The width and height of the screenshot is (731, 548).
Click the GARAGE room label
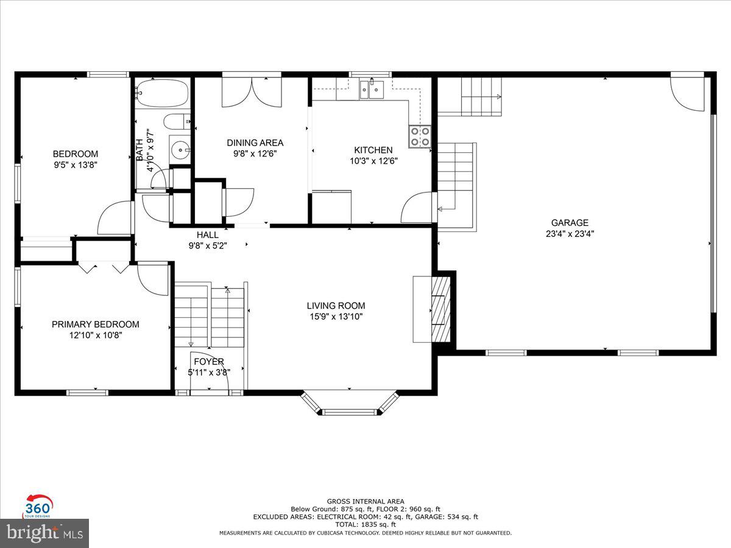[x=570, y=223]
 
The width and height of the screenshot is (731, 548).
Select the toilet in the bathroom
[x=177, y=122]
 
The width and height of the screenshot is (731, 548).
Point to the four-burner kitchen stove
[x=420, y=136]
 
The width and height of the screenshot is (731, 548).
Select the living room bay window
[x=350, y=404]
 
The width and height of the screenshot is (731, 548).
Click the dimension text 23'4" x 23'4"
[x=570, y=233]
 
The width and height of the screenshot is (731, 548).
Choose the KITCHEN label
[x=373, y=150]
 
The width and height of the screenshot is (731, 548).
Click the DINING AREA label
[x=255, y=143]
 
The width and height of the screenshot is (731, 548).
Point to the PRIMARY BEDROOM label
[x=95, y=325]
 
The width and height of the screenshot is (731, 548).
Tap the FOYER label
[x=208, y=362]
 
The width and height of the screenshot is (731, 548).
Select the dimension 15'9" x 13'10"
[x=336, y=316]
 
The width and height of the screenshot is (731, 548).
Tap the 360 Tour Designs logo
[x=38, y=505]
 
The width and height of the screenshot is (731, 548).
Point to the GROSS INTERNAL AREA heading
[x=365, y=501]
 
